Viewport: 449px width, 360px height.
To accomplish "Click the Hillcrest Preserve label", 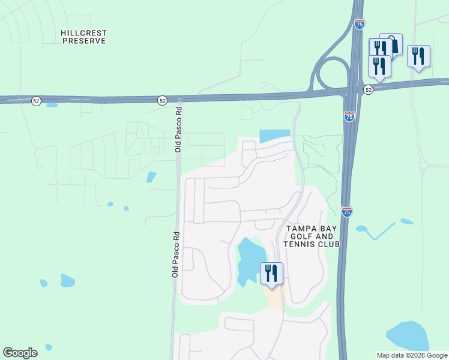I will coord(83,36).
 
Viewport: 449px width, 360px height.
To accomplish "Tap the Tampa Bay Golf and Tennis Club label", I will coord(312,236).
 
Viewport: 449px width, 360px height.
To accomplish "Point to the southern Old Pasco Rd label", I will coord(175,254).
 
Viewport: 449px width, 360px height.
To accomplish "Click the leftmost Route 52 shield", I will coord(37,101).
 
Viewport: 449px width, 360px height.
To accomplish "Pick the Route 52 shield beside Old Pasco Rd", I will coord(162,101).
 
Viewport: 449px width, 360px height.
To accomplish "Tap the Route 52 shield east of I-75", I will coord(368,89).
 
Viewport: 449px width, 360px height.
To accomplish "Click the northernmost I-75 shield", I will coord(359,25).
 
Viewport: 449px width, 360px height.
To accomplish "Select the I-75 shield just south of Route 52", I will coord(349,117).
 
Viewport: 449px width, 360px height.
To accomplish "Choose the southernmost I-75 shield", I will coord(346,212).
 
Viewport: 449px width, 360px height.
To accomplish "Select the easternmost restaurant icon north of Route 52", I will coord(418,56).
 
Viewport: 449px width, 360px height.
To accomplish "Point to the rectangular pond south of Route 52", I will coord(274,136).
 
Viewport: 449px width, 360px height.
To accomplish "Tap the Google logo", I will coord(20,353).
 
